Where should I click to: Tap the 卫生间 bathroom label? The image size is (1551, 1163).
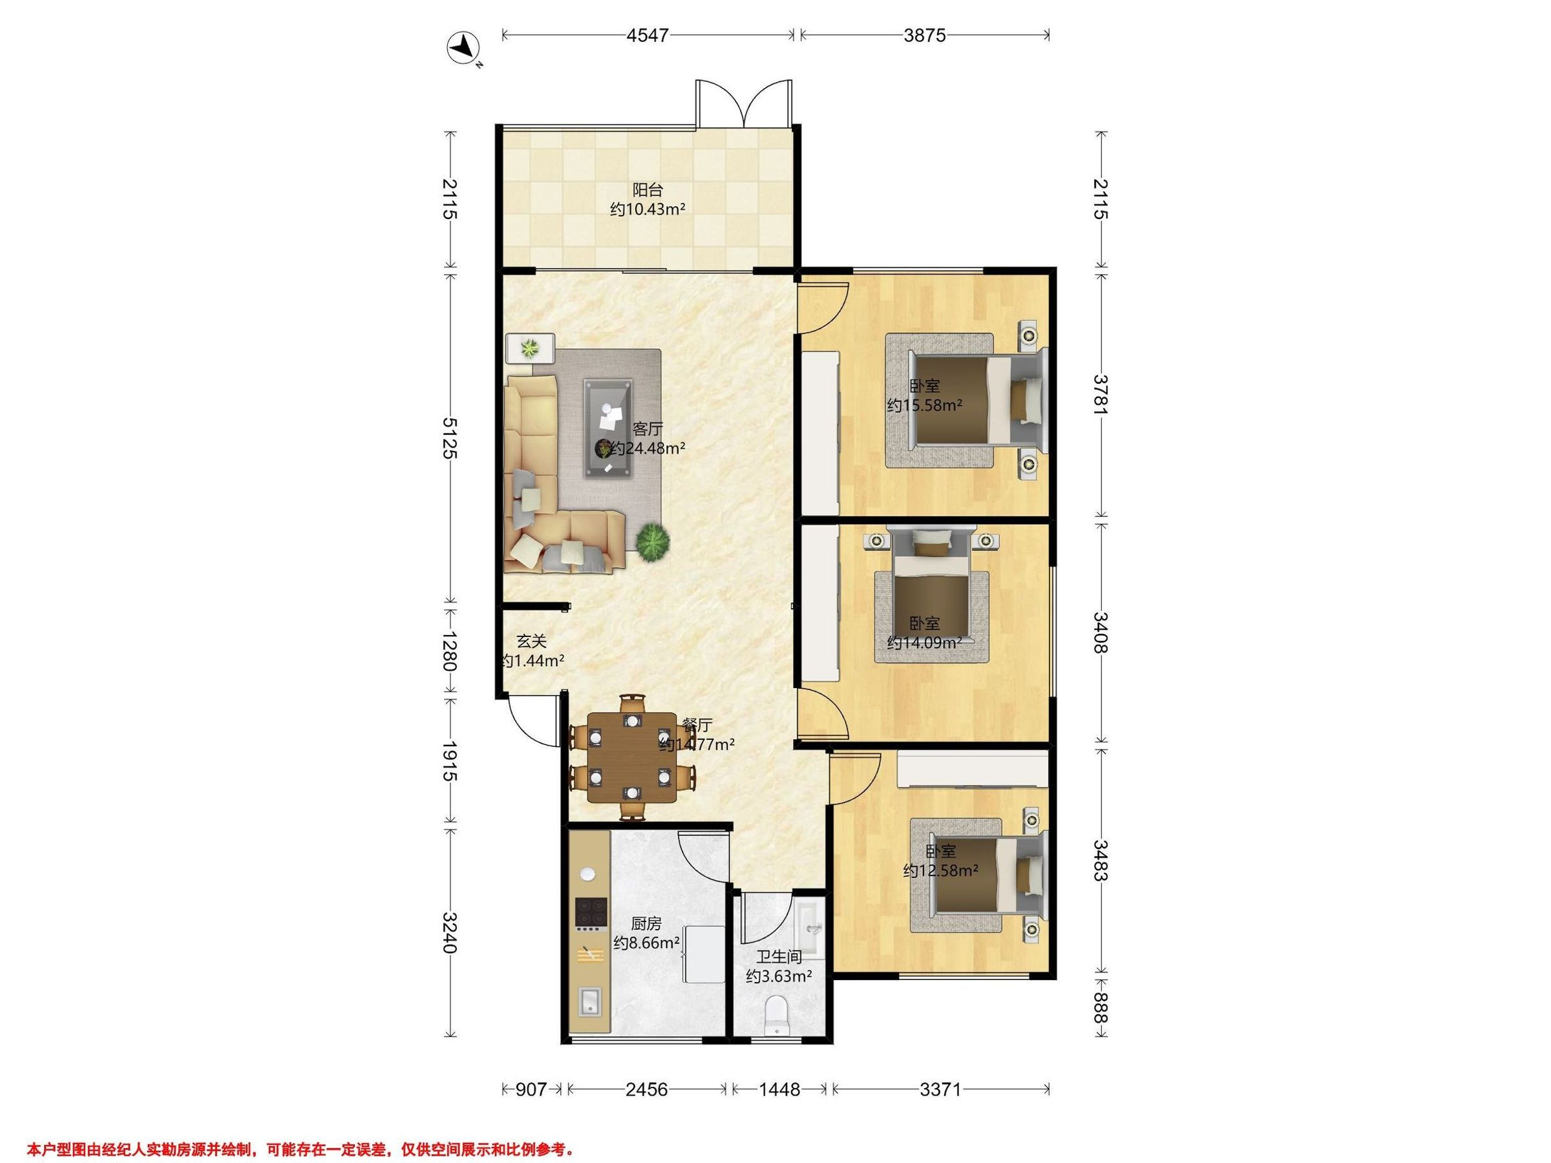click(779, 956)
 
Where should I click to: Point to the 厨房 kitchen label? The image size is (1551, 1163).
click(646, 924)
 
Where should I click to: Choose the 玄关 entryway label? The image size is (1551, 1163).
click(531, 641)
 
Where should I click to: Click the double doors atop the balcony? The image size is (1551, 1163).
click(744, 104)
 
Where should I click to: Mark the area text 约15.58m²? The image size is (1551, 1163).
click(924, 405)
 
